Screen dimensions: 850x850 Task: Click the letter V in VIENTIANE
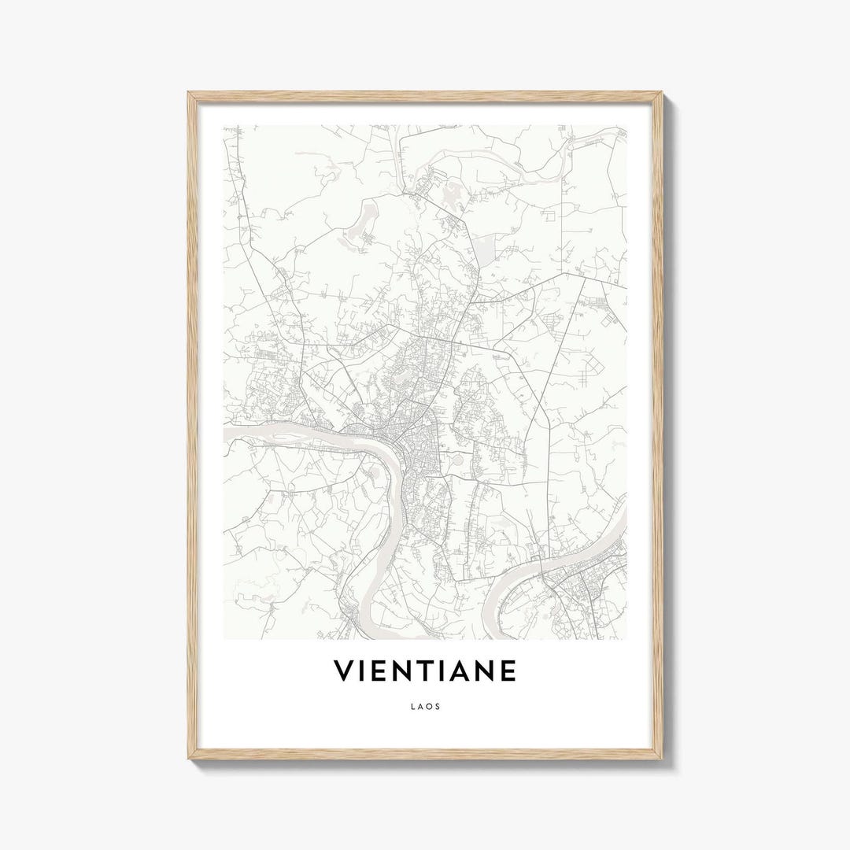344,671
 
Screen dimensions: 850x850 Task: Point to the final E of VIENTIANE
508,671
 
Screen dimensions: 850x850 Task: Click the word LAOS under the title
425,706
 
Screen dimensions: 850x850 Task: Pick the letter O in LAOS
429,706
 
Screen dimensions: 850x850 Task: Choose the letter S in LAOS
438,706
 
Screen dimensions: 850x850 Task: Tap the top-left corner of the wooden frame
189,93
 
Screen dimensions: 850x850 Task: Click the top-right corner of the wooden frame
661,93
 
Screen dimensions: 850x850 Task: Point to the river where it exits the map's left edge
227,433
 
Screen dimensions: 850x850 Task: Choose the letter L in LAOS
412,706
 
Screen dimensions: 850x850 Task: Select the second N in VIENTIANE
483,671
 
